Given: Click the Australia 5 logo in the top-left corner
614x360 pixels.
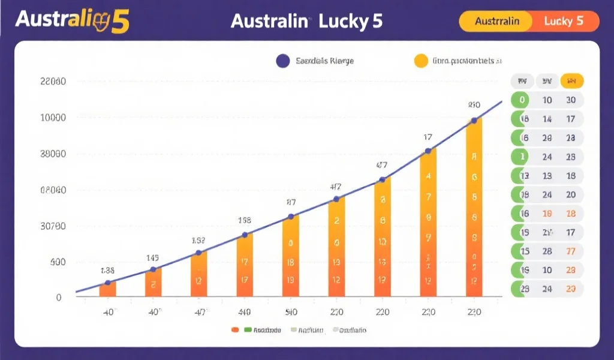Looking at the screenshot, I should [71, 21].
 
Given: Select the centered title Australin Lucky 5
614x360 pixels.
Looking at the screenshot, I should [306, 21].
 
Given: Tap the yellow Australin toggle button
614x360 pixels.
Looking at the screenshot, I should [496, 21].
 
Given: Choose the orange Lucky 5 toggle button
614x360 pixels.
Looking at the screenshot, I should [564, 21].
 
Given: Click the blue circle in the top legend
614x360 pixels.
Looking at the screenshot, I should [283, 61].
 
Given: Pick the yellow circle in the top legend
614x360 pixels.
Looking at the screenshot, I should [421, 61].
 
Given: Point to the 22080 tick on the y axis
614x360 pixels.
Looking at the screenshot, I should [52, 82].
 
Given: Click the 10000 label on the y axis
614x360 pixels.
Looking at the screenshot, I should [52, 118].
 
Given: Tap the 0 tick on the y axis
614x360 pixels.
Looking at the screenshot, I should [58, 297].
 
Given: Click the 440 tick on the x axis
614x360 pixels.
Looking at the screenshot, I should [245, 312].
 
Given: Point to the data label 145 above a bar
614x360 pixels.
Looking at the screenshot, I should [153, 258].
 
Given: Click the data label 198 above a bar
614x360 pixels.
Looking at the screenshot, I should [245, 220].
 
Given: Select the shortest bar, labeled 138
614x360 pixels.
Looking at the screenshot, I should [108, 289].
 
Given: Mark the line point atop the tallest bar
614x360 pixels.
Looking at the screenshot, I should [474, 121].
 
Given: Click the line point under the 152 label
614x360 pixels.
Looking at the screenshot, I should [199, 253].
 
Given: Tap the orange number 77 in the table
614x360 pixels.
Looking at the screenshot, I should [571, 251].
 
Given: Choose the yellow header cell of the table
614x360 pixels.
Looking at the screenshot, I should [571, 81].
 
